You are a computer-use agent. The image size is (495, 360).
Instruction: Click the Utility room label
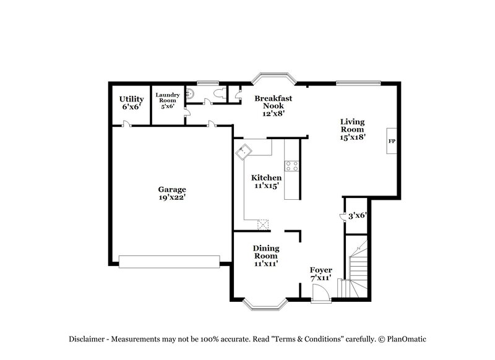pos(131,103)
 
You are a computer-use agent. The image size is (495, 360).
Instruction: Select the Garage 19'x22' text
pos(171,194)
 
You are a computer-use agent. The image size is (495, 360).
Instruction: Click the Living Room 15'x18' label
pos(351,129)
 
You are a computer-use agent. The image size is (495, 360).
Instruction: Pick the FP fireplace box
pos(391,142)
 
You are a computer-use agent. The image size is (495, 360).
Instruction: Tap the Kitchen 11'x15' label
pos(266,182)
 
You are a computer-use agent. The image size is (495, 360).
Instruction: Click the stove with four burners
pos(291,165)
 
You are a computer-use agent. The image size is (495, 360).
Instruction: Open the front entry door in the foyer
pos(321,297)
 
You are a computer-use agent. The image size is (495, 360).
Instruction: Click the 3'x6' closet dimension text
pos(358,215)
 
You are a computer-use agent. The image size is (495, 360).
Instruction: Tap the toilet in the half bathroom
pos(217,93)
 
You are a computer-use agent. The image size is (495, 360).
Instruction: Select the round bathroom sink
pos(191,94)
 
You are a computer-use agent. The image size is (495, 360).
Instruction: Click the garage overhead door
pos(170,261)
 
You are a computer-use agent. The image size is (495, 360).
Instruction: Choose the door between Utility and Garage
pos(127,124)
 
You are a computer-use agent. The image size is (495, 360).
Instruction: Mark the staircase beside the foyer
pos(357,266)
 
